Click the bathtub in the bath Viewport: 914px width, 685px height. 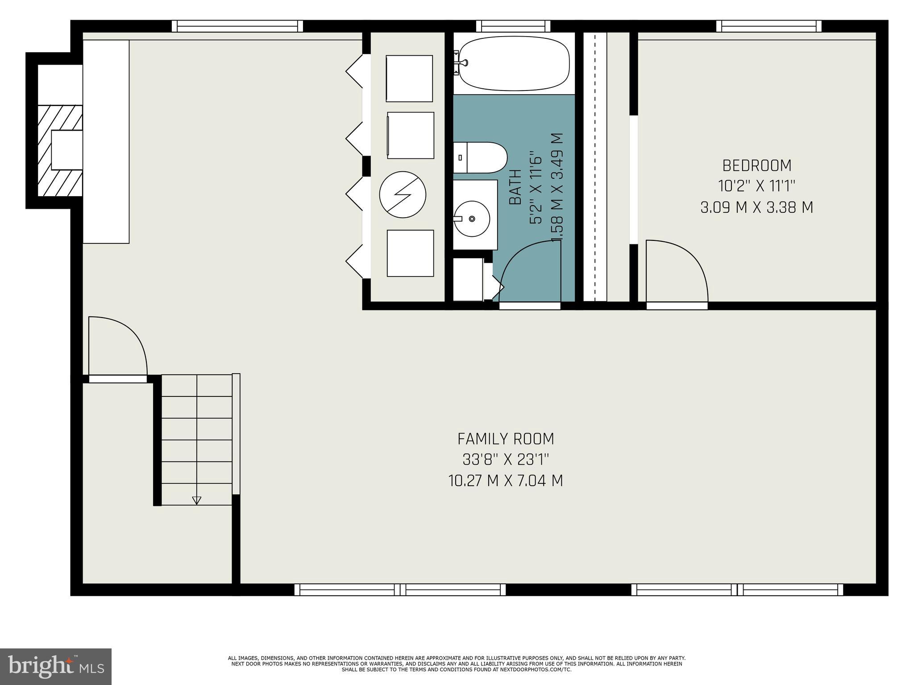point(514,63)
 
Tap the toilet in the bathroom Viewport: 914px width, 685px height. point(481,157)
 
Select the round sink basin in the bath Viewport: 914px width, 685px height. point(472,219)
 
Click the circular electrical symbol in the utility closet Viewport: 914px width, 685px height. point(403,194)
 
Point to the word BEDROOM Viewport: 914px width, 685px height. point(757,166)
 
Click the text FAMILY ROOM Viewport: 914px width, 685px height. point(506,439)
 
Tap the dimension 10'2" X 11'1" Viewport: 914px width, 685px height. point(757,186)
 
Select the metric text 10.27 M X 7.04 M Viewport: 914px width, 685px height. point(506,481)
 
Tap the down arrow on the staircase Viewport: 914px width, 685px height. point(196,500)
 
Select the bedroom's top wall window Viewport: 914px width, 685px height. point(769,27)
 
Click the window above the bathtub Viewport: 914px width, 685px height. point(513,27)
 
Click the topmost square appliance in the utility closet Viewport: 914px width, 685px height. point(409,78)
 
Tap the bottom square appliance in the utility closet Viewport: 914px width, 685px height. point(410,253)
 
